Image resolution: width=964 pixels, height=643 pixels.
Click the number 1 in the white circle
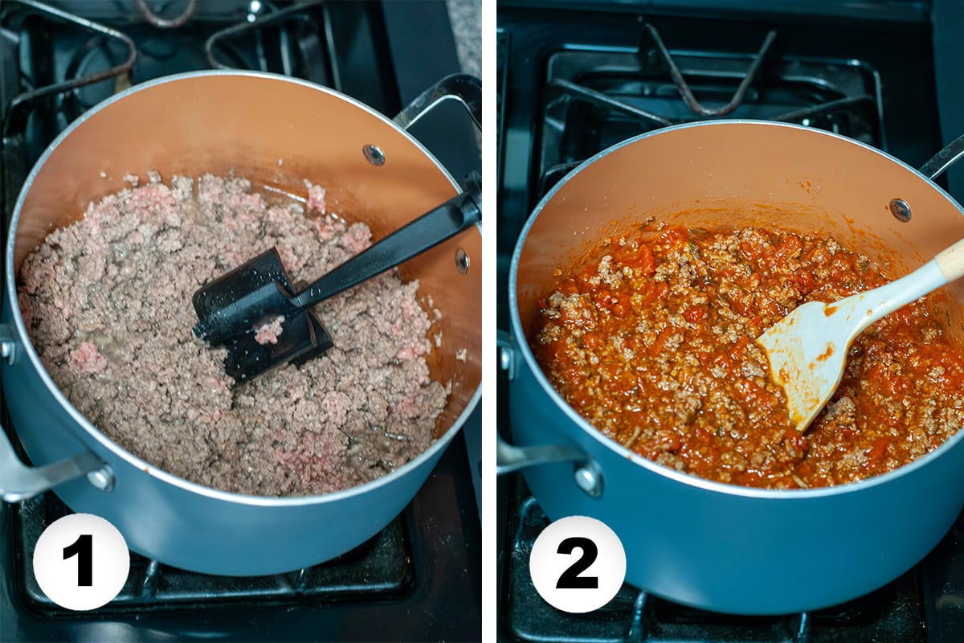click(x=81, y=561)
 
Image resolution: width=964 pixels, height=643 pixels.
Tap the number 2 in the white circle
click(x=577, y=563)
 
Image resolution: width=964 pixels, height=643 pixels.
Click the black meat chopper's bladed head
click(x=257, y=313)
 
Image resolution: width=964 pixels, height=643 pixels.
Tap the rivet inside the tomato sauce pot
click(x=900, y=210)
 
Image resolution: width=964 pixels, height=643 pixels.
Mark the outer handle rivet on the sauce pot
click(x=589, y=478)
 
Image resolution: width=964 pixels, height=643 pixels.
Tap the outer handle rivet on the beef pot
click(x=101, y=479)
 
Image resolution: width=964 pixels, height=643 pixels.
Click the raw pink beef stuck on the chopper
click(x=268, y=330)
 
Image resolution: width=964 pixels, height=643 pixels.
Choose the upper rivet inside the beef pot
click(x=374, y=154)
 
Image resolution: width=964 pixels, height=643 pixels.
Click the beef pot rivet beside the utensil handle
click(x=462, y=260)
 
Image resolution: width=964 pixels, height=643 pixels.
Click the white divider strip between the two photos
click(x=489, y=321)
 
